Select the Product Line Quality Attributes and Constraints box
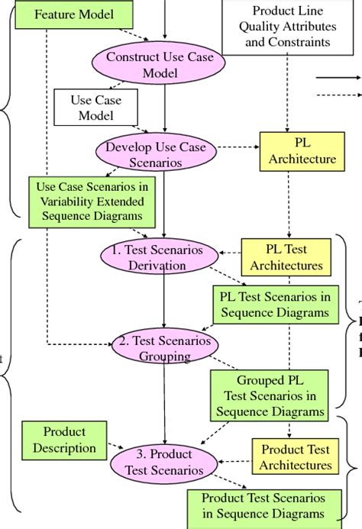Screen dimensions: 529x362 287,27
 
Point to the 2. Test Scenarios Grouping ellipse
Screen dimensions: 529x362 161,347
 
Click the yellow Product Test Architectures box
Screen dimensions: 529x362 297,457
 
